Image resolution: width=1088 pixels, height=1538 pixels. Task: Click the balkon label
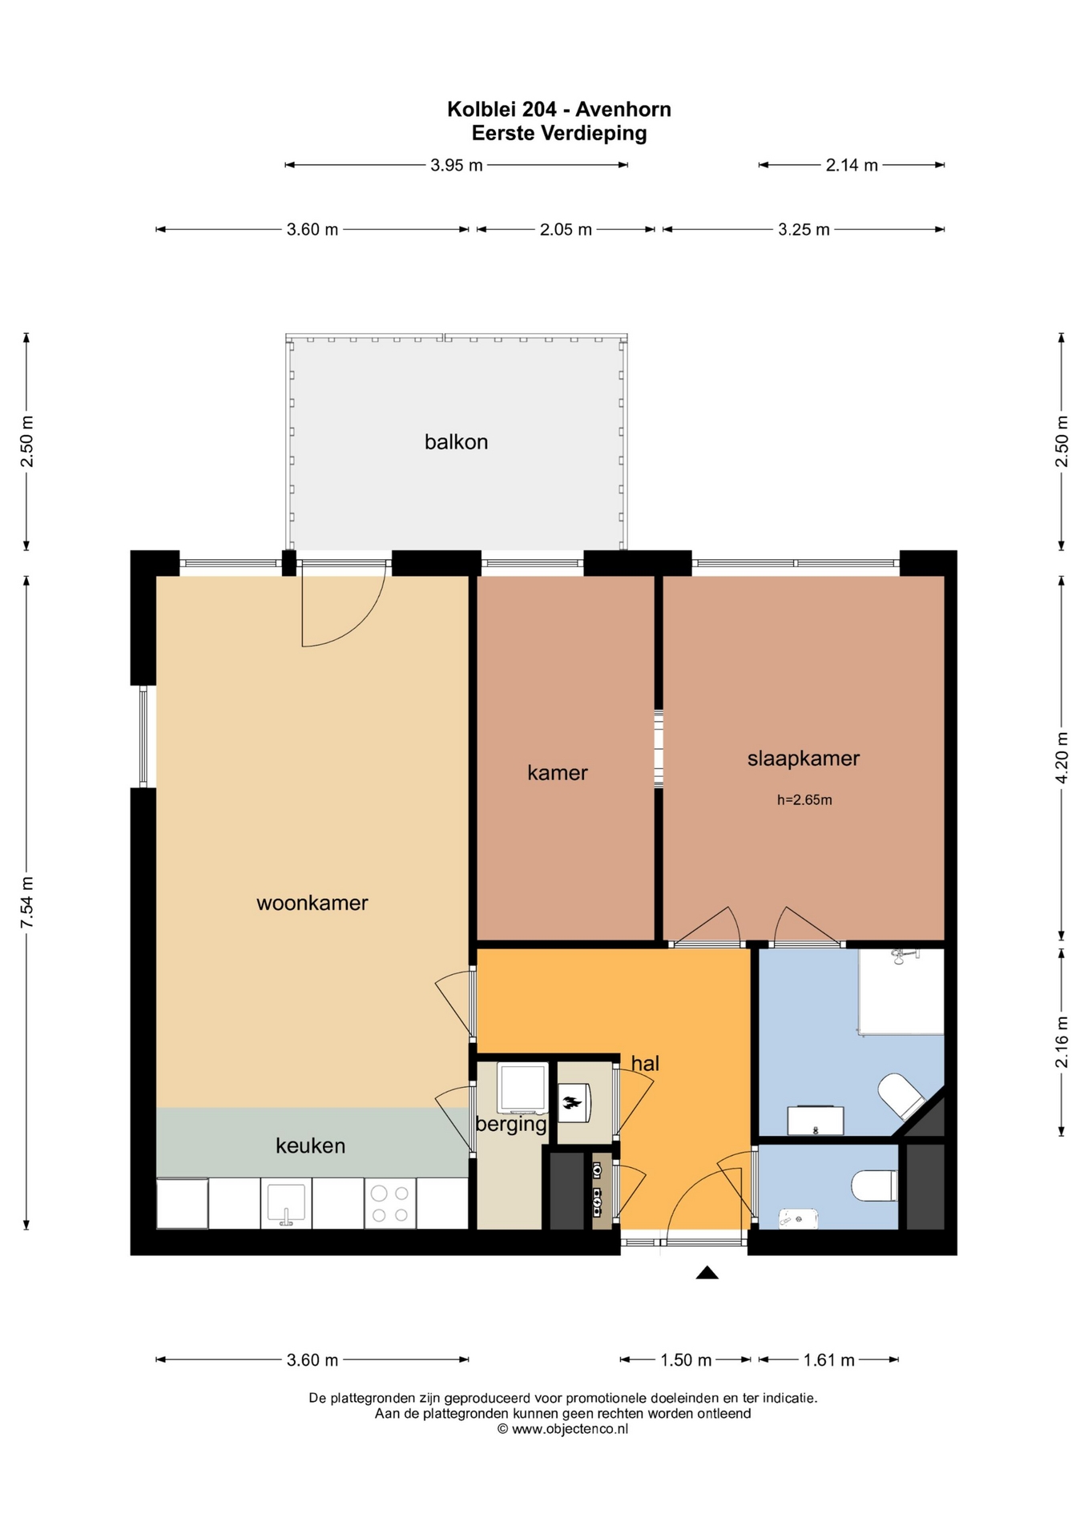click(456, 441)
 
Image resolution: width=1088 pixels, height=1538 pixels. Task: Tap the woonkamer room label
click(312, 903)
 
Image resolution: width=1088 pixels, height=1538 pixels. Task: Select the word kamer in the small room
click(558, 772)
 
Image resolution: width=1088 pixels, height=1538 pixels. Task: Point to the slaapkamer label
click(804, 759)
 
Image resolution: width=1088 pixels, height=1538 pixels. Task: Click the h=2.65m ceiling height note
click(804, 799)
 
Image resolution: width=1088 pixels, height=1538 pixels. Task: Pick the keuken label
click(311, 1145)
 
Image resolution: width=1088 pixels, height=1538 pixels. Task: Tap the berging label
click(511, 1124)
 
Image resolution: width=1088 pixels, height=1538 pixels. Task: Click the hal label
click(645, 1063)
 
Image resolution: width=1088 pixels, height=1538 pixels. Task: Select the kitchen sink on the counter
click(286, 1203)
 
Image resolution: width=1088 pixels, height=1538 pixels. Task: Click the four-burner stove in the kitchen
click(390, 1203)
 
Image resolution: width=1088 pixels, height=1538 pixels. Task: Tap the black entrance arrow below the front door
click(707, 1272)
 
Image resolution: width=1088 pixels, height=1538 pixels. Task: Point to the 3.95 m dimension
click(457, 165)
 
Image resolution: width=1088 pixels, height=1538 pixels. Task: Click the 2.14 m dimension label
click(852, 165)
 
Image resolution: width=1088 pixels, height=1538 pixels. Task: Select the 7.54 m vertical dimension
click(26, 903)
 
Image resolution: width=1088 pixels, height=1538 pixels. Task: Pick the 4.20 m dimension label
click(1062, 758)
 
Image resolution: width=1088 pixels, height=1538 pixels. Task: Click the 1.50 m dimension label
click(686, 1360)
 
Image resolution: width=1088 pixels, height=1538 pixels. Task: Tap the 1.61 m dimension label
click(828, 1360)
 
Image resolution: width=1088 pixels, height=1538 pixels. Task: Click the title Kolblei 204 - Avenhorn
click(559, 109)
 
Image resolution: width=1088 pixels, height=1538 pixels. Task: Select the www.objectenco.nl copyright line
click(562, 1428)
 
